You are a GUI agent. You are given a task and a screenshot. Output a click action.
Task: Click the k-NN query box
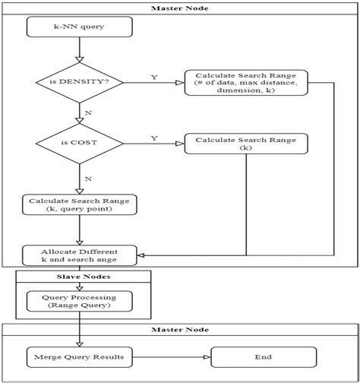[78, 28]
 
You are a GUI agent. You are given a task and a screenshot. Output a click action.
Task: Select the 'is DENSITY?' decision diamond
[78, 82]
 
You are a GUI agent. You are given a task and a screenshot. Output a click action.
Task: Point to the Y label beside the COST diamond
[154, 138]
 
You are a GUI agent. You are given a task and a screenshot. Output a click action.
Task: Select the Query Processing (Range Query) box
[78, 301]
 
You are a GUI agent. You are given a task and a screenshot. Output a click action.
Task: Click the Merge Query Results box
[78, 356]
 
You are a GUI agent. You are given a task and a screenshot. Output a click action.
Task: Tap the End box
[263, 356]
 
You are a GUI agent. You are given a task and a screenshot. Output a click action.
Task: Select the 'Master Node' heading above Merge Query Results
[179, 330]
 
